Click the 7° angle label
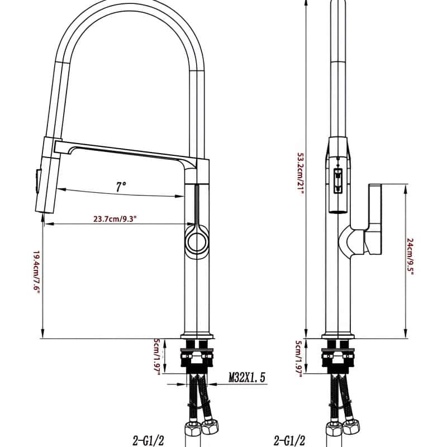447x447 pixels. click(121, 187)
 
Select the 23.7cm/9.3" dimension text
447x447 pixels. click(116, 219)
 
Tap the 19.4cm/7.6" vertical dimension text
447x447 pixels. click(36, 273)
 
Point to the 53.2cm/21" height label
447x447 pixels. click(301, 173)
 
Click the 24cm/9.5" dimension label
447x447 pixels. click(410, 256)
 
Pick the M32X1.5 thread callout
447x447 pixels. click(247, 377)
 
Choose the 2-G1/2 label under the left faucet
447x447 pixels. click(149, 440)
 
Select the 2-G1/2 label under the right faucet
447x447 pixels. click(289, 440)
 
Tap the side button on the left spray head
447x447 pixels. click(37, 181)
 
